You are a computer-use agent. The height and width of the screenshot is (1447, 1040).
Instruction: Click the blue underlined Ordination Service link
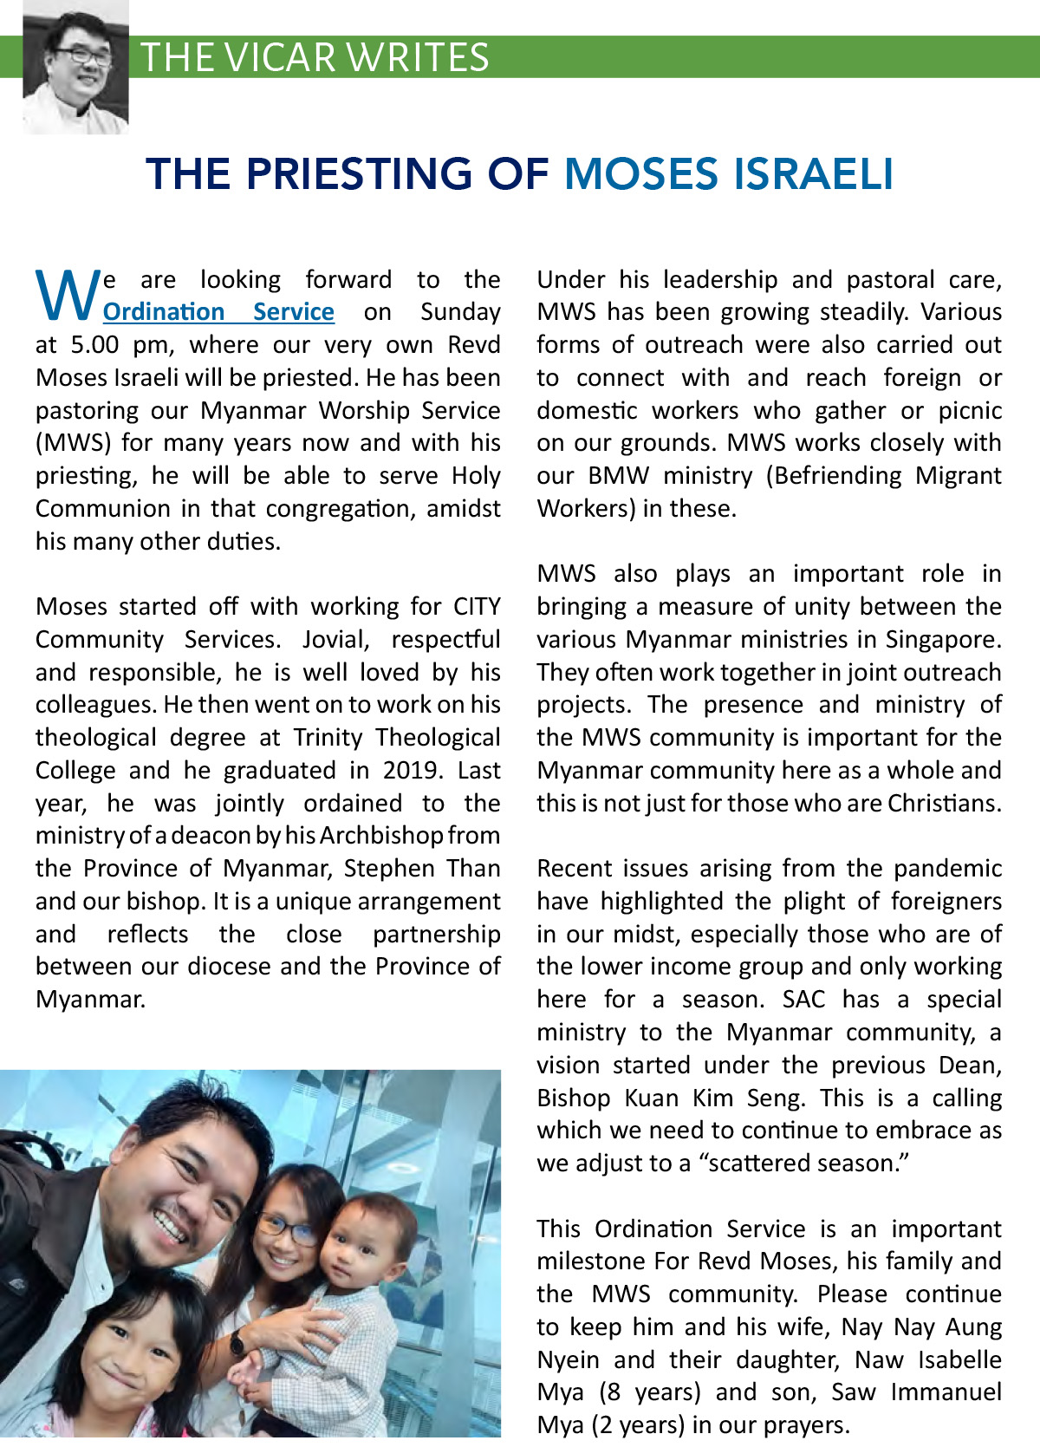tap(218, 312)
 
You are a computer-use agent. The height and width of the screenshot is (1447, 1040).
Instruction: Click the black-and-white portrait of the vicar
tap(75, 68)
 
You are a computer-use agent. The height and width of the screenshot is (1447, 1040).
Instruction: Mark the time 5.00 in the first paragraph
tap(94, 345)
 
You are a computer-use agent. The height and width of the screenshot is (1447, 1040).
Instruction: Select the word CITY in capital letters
tap(477, 607)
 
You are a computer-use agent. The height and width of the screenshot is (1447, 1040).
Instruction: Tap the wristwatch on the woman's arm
tap(237, 1344)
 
